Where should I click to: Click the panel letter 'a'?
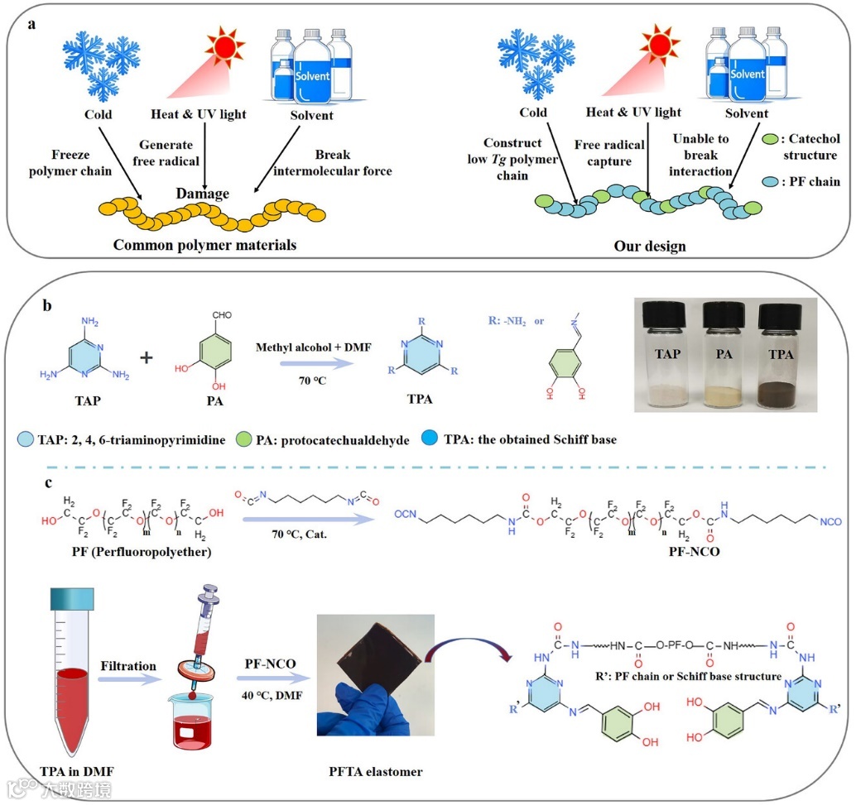click(x=32, y=23)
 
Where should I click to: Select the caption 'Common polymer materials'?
click(x=204, y=245)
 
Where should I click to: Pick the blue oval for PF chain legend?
click(x=772, y=180)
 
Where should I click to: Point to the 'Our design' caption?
click(x=650, y=246)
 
